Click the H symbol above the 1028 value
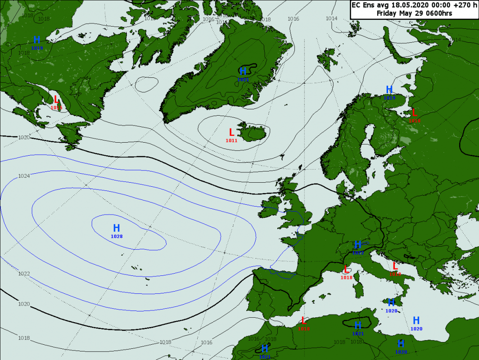click(117, 228)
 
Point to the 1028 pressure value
click(117, 236)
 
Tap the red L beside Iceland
click(231, 132)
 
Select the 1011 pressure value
click(231, 140)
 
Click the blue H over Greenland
click(243, 71)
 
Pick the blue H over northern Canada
click(37, 40)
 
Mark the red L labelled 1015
click(56, 99)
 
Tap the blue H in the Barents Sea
click(389, 90)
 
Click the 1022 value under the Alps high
click(358, 253)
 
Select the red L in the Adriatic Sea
click(395, 266)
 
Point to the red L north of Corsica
click(346, 270)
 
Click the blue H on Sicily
click(391, 302)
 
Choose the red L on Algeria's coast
click(304, 320)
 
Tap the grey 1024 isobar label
click(24, 176)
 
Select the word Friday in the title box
click(387, 13)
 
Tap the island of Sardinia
click(359, 288)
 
